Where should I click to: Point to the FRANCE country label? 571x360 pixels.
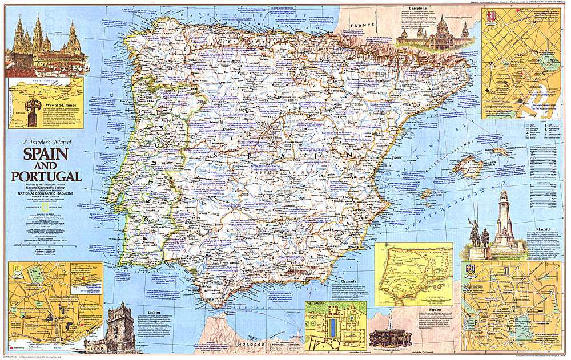364,26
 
